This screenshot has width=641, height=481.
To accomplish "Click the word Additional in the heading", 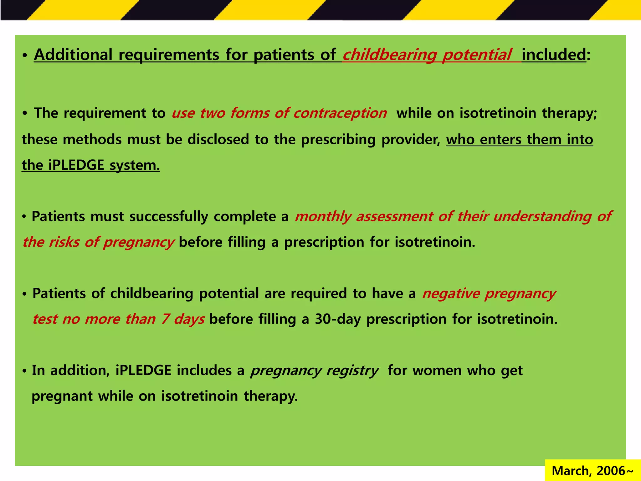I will (x=73, y=55).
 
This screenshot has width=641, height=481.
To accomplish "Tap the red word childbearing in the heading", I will (x=389, y=55).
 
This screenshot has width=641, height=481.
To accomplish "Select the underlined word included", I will (x=553, y=55).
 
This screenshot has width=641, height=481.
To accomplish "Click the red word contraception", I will (x=340, y=113).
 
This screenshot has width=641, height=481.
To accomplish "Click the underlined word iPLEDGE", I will (x=76, y=165).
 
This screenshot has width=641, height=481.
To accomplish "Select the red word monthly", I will (x=323, y=217).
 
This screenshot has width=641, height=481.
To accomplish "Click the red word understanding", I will (x=542, y=217).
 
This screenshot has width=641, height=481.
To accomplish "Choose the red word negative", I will (x=451, y=294).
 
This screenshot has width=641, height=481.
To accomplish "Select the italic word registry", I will (x=352, y=371).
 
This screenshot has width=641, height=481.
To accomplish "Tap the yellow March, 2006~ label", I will (x=592, y=471).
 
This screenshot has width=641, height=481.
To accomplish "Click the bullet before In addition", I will (x=24, y=371).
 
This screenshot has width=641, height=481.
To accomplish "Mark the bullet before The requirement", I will (x=25, y=114).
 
